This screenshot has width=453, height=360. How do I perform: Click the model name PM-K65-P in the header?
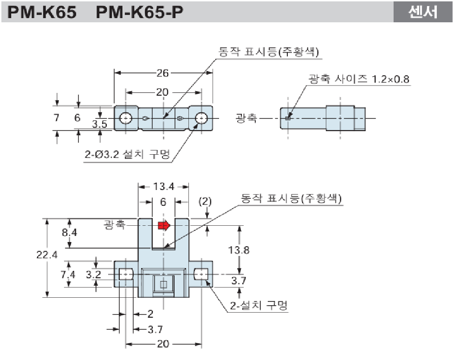139,13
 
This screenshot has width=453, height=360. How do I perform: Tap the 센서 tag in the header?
422,12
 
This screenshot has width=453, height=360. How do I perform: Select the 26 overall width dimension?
162,73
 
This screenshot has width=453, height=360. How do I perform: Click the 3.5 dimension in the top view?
100,124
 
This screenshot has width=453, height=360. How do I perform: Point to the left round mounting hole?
125,118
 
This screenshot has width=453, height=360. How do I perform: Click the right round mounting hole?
201,118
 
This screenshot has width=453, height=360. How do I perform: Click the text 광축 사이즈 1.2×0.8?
359,79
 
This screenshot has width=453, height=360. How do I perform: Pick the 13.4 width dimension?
163,186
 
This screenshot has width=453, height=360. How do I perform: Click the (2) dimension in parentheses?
205,201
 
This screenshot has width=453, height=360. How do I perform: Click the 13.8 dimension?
239,250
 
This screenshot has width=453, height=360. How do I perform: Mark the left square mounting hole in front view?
125,275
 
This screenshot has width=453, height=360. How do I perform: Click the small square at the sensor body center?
163,284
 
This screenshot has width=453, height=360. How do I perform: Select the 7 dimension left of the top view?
56,118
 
